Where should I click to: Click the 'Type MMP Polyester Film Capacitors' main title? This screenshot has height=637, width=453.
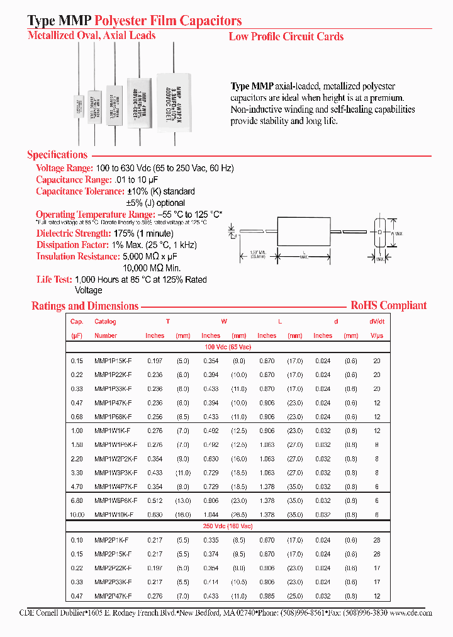135,21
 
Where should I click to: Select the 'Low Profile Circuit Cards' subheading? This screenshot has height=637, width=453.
286,37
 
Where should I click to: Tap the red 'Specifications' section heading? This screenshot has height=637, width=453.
57,155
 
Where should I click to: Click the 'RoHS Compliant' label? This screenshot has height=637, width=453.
388,305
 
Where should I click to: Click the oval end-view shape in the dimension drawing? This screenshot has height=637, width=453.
380,232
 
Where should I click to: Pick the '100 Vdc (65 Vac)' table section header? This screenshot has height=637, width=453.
228,347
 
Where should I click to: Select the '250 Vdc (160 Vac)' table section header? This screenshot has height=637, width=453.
228,526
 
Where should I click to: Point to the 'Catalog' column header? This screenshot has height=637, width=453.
105,322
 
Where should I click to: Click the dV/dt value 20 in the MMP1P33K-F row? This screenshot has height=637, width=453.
376,389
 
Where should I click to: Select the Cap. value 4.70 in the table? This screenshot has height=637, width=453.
77,487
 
